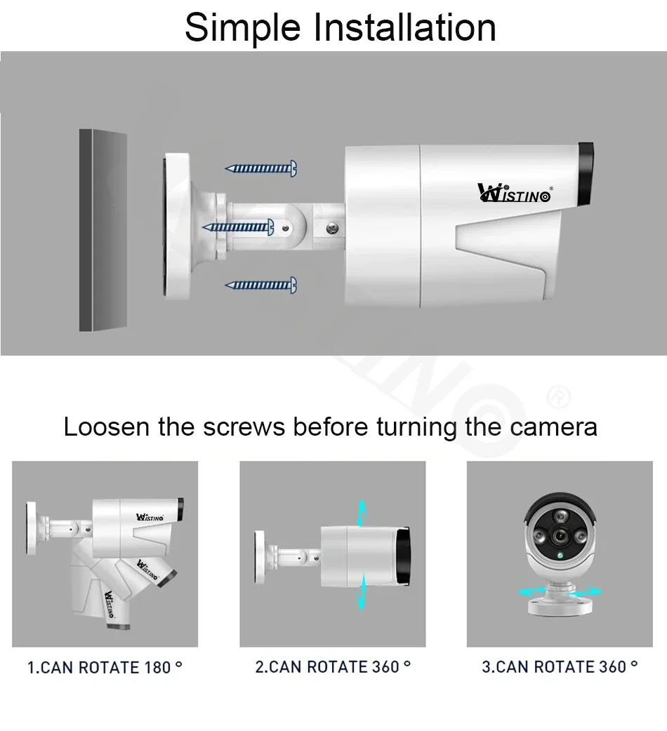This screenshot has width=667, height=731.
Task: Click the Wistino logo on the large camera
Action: [x=514, y=193]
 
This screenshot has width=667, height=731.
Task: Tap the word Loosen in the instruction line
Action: [x=107, y=427]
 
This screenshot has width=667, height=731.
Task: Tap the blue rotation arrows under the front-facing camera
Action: [x=560, y=592]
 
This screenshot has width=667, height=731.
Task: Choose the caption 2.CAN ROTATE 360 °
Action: [x=332, y=666]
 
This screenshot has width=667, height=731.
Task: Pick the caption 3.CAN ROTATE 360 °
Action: [x=560, y=666]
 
